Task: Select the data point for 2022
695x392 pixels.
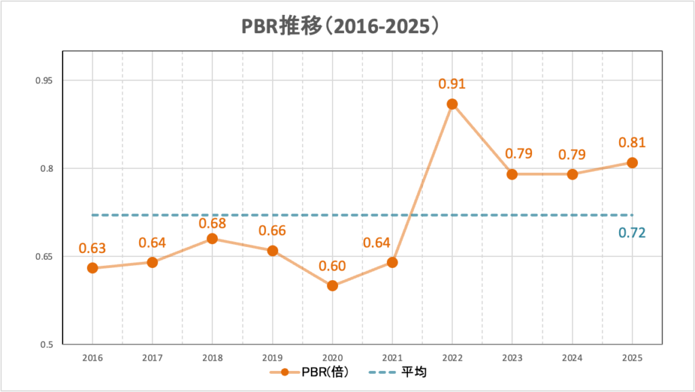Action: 452,104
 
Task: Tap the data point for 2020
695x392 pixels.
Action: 332,286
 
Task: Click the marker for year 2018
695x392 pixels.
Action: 212,238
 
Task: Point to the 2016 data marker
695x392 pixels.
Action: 92,268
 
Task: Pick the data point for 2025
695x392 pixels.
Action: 632,163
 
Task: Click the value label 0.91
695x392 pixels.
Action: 451,84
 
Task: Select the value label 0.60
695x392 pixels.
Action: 333,265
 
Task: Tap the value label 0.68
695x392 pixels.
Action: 212,222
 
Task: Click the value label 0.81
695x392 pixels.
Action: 632,143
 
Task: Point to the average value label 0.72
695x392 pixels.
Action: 631,233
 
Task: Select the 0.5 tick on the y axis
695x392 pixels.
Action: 46,345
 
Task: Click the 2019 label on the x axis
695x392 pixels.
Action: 272,357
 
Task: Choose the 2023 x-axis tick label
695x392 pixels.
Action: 512,357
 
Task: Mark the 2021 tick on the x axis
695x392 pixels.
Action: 392,357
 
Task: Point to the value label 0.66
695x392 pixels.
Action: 272,231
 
